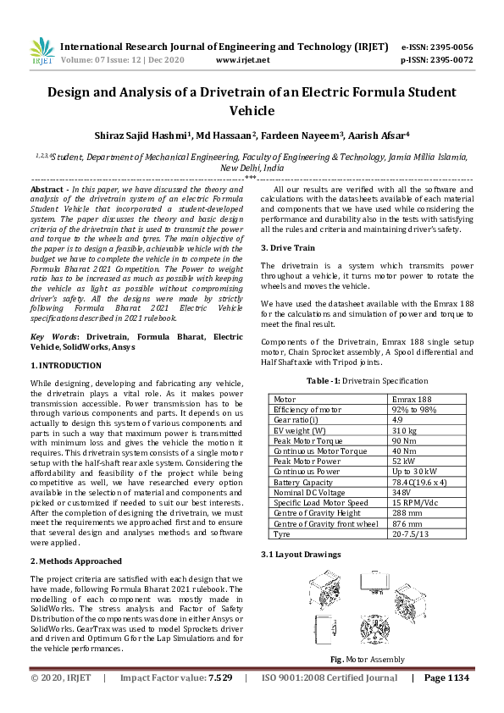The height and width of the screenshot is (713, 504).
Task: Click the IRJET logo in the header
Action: (42, 53)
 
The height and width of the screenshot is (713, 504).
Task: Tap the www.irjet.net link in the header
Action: (243, 60)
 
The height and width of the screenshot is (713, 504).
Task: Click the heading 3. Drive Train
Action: (288, 247)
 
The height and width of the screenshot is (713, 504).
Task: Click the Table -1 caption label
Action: (325, 382)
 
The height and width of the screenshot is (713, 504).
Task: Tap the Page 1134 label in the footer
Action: (446, 677)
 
